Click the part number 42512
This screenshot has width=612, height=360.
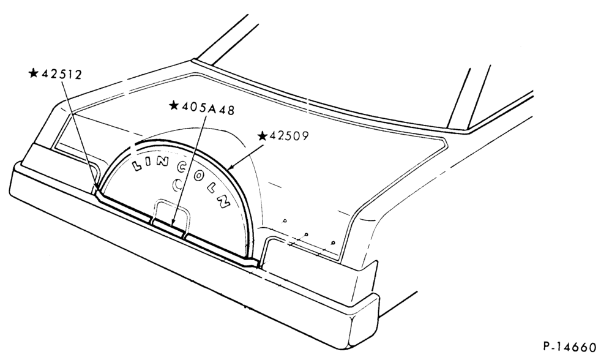click(x=62, y=74)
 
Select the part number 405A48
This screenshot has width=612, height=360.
click(x=209, y=110)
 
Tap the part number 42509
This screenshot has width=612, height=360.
click(x=289, y=136)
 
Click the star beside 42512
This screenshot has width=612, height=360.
click(x=34, y=73)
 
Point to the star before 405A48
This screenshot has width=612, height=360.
click(x=174, y=105)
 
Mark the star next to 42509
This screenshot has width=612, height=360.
click(x=263, y=136)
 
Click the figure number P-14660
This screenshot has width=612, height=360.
click(x=570, y=347)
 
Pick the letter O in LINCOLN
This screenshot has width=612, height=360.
click(x=198, y=176)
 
